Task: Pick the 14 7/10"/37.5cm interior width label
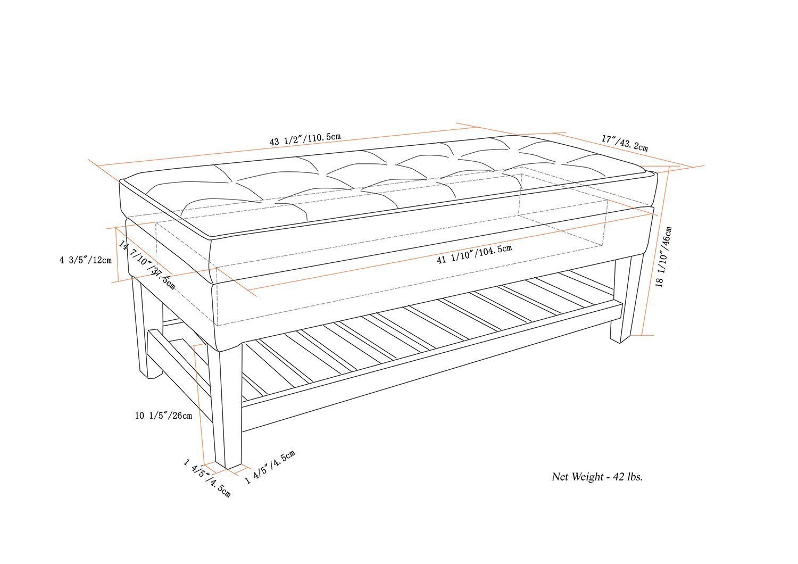click(147, 264)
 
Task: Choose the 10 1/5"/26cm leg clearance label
click(163, 415)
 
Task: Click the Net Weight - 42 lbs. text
click(597, 477)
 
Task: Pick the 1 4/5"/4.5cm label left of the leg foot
click(207, 478)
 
